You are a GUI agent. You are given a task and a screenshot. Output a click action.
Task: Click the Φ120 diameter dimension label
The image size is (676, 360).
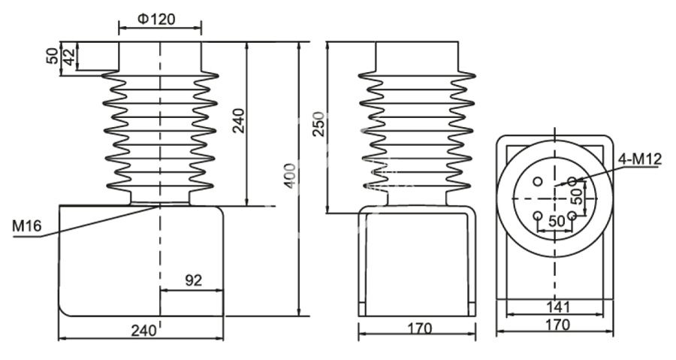(x=158, y=19)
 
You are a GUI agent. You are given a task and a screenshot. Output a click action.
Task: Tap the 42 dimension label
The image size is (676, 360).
(x=69, y=56)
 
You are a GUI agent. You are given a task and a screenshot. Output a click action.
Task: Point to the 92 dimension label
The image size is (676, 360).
(x=193, y=280)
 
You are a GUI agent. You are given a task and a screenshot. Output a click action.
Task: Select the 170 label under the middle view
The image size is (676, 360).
(x=419, y=328)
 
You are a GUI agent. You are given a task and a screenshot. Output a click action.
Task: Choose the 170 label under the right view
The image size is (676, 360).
(x=557, y=325)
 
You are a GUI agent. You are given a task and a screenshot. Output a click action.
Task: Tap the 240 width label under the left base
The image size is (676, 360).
(x=143, y=330)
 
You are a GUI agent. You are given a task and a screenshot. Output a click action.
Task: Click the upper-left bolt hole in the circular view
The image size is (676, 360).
(x=538, y=181)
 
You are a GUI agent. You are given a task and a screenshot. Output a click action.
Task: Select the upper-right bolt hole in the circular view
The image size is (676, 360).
(x=572, y=181)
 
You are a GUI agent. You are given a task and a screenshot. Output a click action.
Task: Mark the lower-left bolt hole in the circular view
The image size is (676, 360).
(x=538, y=216)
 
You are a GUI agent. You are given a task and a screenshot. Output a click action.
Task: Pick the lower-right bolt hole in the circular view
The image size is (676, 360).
(x=572, y=216)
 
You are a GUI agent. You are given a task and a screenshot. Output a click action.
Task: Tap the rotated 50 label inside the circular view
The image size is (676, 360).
(x=577, y=197)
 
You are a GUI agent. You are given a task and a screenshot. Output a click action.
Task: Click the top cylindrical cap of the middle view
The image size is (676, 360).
(x=417, y=56)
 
